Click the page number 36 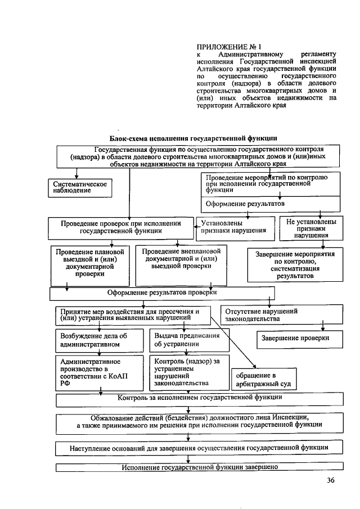point(330,480)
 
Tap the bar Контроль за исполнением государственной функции point(199,398)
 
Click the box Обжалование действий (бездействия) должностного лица point(199,422)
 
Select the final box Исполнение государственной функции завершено point(199,467)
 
